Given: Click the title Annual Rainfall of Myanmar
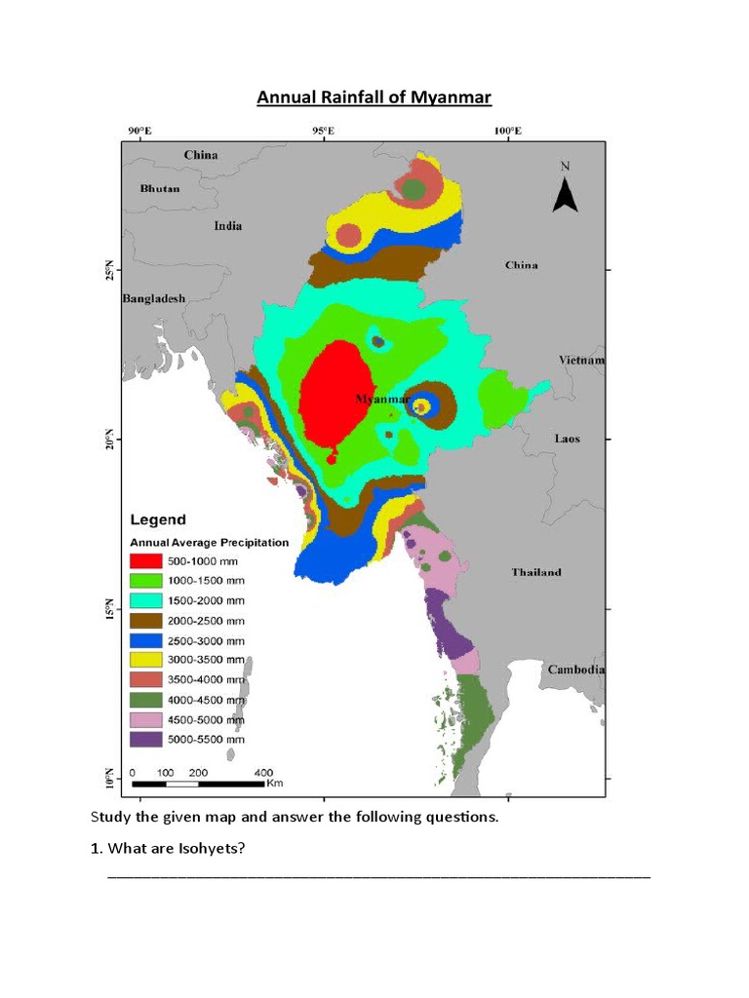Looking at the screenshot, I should pos(374,97).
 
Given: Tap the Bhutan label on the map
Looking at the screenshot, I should pos(160,188).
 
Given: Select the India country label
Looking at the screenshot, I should pos(228,226).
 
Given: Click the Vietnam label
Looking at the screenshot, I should pos(581,360).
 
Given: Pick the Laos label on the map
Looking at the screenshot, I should pos(567,439).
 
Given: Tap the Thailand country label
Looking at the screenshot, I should pos(536,572).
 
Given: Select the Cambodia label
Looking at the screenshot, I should pos(575,670).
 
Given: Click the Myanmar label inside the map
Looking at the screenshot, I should pos(381,399).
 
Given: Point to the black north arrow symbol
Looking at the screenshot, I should pos(566,192).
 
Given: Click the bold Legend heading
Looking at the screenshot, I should pos(158,519).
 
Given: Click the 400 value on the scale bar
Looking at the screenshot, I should pos(263,772).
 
